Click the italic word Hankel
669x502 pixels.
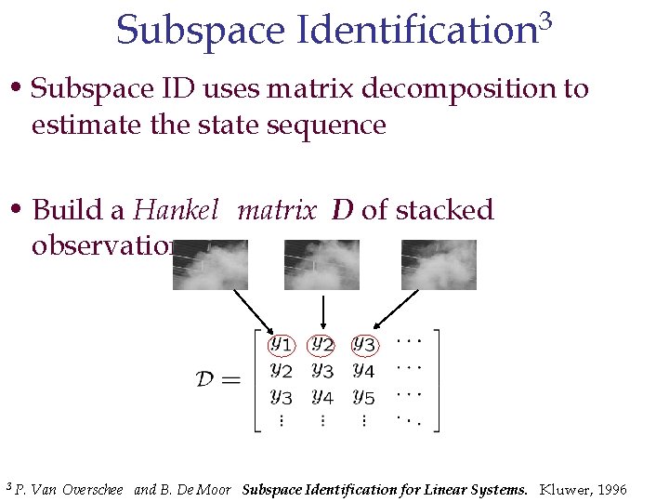(x=176, y=210)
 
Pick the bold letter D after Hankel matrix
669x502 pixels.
(x=342, y=210)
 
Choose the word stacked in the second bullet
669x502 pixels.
(x=444, y=210)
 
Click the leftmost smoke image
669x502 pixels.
(x=211, y=264)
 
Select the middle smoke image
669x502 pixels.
(x=321, y=264)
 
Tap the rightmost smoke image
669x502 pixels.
(x=439, y=264)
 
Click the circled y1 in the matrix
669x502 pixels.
(x=281, y=345)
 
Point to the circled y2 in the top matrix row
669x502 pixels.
(x=321, y=345)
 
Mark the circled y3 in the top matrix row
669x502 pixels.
(x=363, y=345)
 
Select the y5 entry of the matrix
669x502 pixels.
(x=363, y=397)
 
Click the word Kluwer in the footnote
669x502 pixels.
(x=563, y=489)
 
